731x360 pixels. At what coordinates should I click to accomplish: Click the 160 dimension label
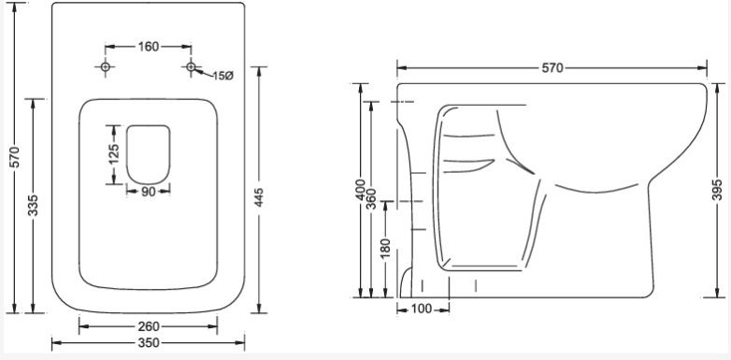149,47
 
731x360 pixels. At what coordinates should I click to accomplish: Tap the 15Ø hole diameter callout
222,76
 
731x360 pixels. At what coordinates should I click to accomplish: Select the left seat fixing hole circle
106,67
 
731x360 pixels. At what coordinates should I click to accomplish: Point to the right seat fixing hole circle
191,67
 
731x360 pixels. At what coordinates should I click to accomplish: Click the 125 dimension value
114,154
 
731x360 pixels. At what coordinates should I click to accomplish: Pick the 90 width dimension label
149,191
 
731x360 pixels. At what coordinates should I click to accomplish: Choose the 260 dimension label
149,327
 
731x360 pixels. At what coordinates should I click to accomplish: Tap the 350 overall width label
149,343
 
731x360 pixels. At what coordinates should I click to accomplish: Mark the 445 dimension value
259,197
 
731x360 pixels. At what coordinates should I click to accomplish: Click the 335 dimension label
33,206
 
